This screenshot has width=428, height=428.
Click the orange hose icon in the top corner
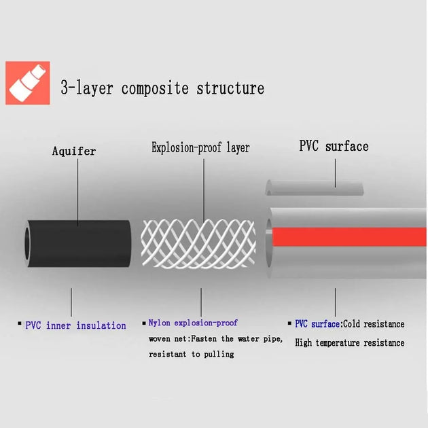click(x=28, y=83)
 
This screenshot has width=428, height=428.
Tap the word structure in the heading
click(x=230, y=89)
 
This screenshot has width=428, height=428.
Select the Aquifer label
click(x=73, y=151)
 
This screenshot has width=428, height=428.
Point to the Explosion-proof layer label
click(x=200, y=147)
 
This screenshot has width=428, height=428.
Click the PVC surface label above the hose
click(x=334, y=146)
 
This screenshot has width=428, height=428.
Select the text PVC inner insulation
click(x=75, y=325)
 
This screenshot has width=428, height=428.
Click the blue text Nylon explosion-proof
click(x=193, y=323)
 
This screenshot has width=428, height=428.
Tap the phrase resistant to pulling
click(x=191, y=354)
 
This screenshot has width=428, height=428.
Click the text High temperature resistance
click(x=349, y=343)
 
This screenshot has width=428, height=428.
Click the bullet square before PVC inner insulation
click(x=20, y=325)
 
